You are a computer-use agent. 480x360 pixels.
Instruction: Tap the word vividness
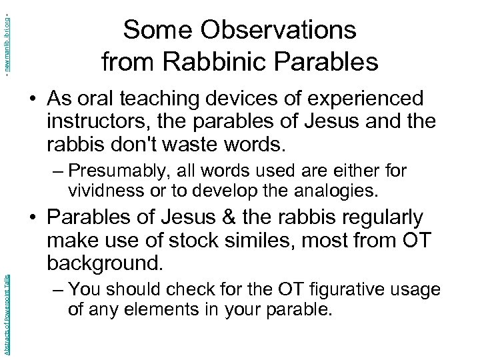[99, 191]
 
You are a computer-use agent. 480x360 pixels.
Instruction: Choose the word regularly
[383, 218]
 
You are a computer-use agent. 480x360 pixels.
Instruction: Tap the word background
[105, 263]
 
